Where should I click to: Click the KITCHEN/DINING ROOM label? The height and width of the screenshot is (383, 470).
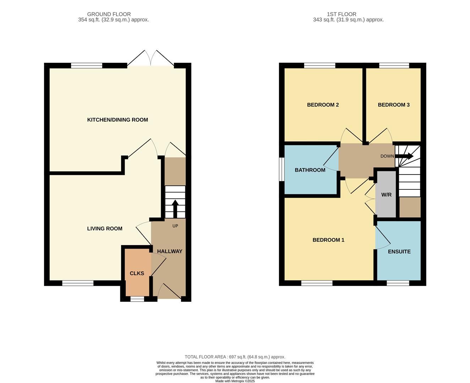[x=117, y=120]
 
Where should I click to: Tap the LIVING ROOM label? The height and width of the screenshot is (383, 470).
[x=105, y=229]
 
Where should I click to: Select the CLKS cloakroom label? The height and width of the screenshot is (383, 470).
[x=137, y=273]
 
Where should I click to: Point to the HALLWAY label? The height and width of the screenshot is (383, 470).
[x=170, y=251]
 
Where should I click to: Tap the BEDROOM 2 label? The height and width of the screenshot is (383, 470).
[x=323, y=105]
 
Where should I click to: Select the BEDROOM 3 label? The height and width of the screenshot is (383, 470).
[x=394, y=105]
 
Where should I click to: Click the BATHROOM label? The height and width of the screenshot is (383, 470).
[x=310, y=170]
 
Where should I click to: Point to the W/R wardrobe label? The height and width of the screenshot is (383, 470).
[x=386, y=195]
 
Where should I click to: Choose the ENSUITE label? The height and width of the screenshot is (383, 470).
[x=399, y=252]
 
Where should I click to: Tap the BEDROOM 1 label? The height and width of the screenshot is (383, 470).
[x=328, y=240]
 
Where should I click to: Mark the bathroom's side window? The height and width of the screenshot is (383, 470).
[x=282, y=169]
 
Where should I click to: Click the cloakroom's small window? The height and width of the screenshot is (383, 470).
[x=137, y=299]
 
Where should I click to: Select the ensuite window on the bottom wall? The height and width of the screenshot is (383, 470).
[x=398, y=283]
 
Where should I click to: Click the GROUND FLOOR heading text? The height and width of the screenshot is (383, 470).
[x=109, y=14]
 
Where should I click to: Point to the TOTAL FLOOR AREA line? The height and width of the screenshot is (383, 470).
[x=235, y=357]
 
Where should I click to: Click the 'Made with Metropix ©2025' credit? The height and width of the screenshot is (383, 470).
[x=235, y=381]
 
